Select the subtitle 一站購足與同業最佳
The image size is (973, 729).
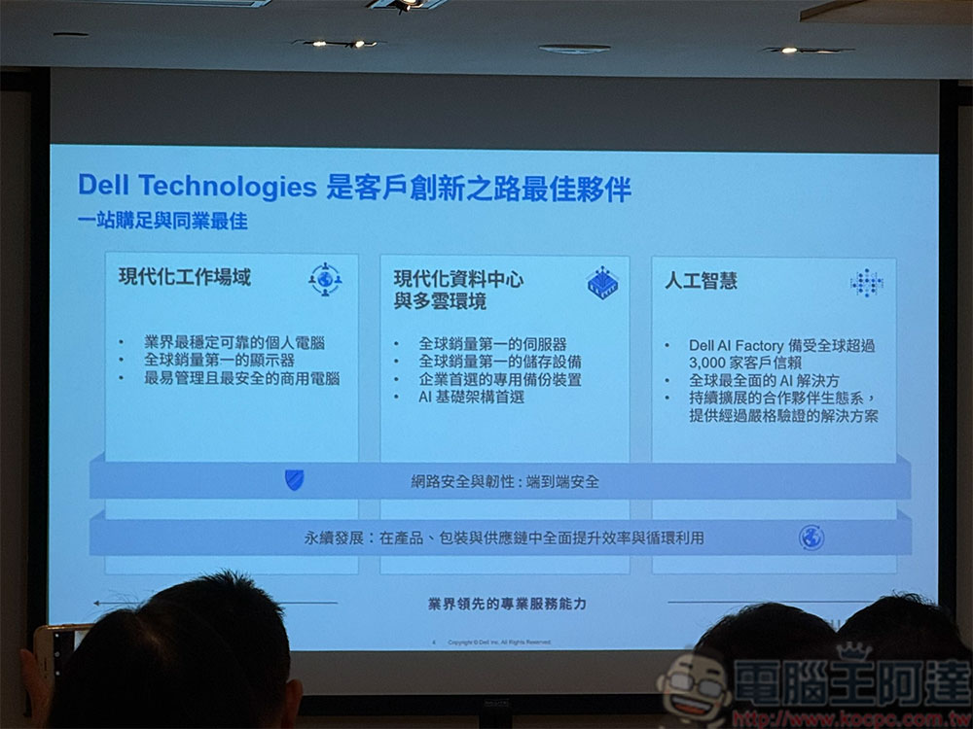[x=162, y=222]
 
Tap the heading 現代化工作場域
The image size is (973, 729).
[x=185, y=277]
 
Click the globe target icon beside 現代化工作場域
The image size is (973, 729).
[x=325, y=279]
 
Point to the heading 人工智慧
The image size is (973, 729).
[x=701, y=281]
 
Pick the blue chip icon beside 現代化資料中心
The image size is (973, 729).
[x=602, y=283]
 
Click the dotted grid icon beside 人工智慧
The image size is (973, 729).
[x=866, y=283]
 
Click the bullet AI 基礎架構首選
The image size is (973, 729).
[x=472, y=397]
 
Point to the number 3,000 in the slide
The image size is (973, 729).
[x=711, y=363]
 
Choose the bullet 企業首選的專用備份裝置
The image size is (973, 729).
[x=500, y=379]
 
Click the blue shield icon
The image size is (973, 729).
[x=294, y=479]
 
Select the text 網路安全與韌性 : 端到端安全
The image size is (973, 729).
[x=505, y=481]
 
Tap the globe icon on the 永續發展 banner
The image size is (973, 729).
[x=811, y=537]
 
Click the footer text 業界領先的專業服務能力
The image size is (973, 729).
[x=507, y=604]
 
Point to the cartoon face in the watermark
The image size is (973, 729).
[x=693, y=686]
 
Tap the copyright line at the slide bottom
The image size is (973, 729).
[x=499, y=642]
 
